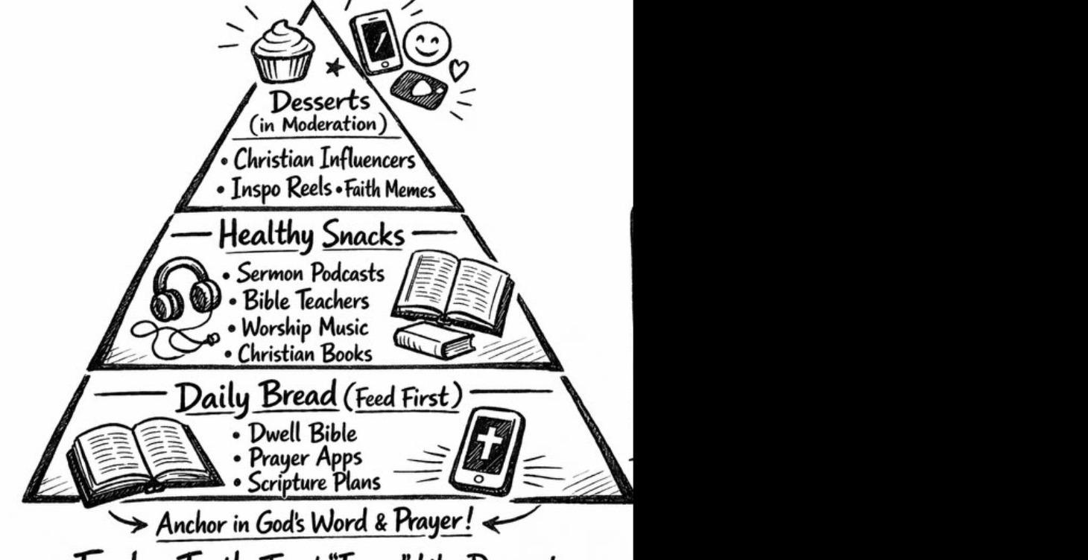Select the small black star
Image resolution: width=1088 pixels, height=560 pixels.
(335, 67)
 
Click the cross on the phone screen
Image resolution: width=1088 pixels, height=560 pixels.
(488, 445)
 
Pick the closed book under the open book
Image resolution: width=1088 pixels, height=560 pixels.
(434, 341)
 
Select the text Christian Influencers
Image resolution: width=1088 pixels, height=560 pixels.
(323, 159)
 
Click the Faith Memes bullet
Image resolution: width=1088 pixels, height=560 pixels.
(400, 191)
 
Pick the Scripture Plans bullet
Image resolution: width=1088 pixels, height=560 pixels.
(313, 483)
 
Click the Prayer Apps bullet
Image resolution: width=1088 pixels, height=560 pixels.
(300, 457)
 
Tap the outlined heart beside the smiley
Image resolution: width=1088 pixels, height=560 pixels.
(459, 70)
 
